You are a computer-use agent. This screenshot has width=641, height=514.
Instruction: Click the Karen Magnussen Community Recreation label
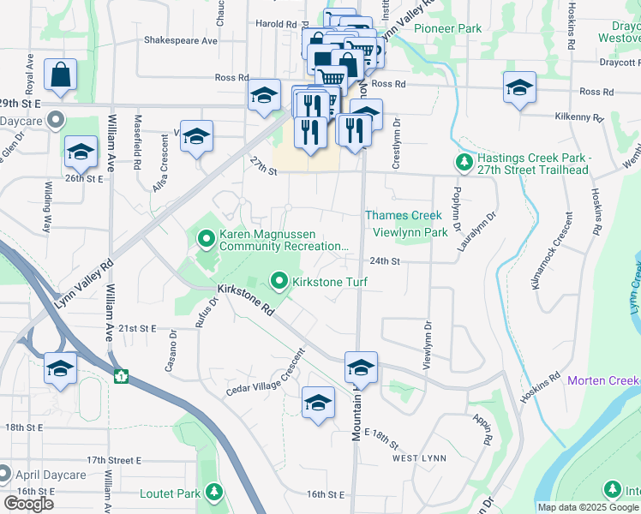[x=283, y=240]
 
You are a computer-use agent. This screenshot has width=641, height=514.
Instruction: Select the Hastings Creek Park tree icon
[x=464, y=162]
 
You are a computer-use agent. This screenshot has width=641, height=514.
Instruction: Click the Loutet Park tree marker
[x=214, y=492]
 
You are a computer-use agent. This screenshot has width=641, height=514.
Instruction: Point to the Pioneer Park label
[x=447, y=28]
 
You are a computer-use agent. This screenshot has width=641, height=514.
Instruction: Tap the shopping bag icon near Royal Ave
[x=61, y=75]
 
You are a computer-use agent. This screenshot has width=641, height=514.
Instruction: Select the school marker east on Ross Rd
[x=519, y=89]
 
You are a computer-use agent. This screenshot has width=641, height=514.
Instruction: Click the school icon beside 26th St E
[x=81, y=152]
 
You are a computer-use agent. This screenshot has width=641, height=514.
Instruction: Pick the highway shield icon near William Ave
[x=122, y=375]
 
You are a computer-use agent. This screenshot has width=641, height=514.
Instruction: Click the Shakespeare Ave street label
[x=181, y=40]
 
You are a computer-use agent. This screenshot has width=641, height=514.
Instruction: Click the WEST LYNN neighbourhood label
[x=419, y=458]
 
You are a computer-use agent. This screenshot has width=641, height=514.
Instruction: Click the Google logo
[x=28, y=504]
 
